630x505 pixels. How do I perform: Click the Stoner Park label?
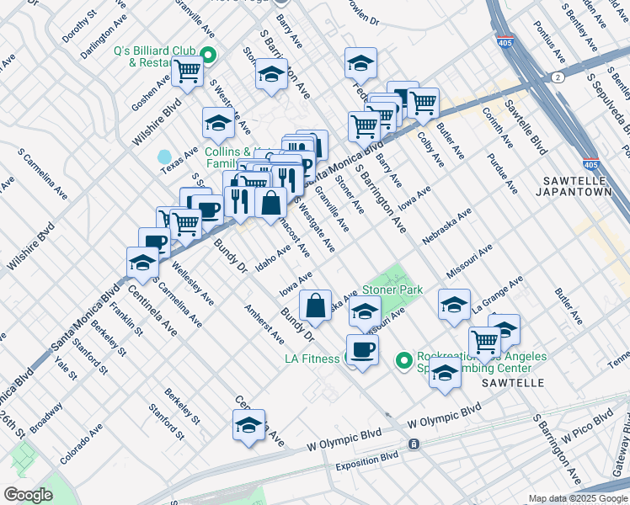pyautogui.click(x=392, y=290)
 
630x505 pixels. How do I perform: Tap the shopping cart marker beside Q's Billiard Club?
pyautogui.click(x=187, y=72)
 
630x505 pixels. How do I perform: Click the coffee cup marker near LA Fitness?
pyautogui.click(x=362, y=348)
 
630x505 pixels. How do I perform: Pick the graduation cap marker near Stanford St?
pyautogui.click(x=249, y=425)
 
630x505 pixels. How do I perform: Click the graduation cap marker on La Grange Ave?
pyautogui.click(x=454, y=305)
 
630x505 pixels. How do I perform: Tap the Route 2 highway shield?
pyautogui.click(x=557, y=77)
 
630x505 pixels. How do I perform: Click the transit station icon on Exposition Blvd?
pyautogui.click(x=414, y=444)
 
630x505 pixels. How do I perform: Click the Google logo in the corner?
pyautogui.click(x=28, y=495)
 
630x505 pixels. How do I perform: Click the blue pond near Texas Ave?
pyautogui.click(x=163, y=157)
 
